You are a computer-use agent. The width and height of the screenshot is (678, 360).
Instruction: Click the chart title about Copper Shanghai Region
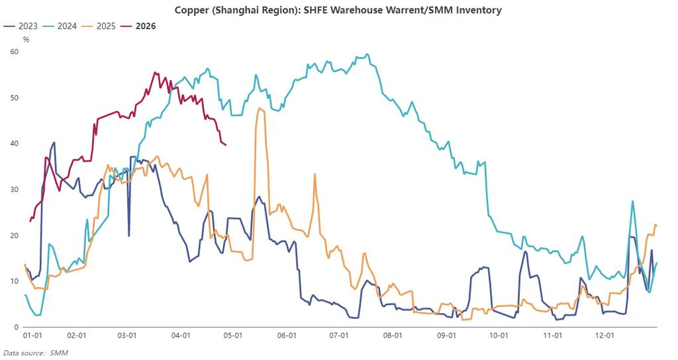pyautogui.click(x=338, y=10)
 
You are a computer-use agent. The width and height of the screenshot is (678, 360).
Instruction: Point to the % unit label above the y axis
pyautogui.click(x=26, y=40)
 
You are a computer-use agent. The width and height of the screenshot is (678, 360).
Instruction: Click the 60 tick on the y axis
pyautogui.click(x=15, y=52)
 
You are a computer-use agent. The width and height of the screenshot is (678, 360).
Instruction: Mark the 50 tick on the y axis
pyautogui.click(x=15, y=98)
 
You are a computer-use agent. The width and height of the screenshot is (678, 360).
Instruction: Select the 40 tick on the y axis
pyautogui.click(x=15, y=144)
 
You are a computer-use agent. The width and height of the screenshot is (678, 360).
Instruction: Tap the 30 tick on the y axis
pyautogui.click(x=15, y=189)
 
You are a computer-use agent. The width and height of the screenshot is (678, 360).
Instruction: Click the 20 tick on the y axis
pyautogui.click(x=15, y=236)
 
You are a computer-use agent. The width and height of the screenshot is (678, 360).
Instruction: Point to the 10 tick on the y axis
pyautogui.click(x=15, y=281)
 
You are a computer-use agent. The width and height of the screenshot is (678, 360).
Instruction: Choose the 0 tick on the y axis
pyautogui.click(x=17, y=327)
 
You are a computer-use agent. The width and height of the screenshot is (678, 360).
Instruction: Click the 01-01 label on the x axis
pyautogui.click(x=34, y=336)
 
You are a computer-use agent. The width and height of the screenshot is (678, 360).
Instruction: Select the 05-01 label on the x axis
pyautogui.click(x=232, y=336)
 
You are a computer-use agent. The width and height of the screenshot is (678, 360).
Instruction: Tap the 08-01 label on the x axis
pyautogui.click(x=393, y=336)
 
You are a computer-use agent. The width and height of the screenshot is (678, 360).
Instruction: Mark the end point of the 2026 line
pyautogui.click(x=226, y=145)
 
